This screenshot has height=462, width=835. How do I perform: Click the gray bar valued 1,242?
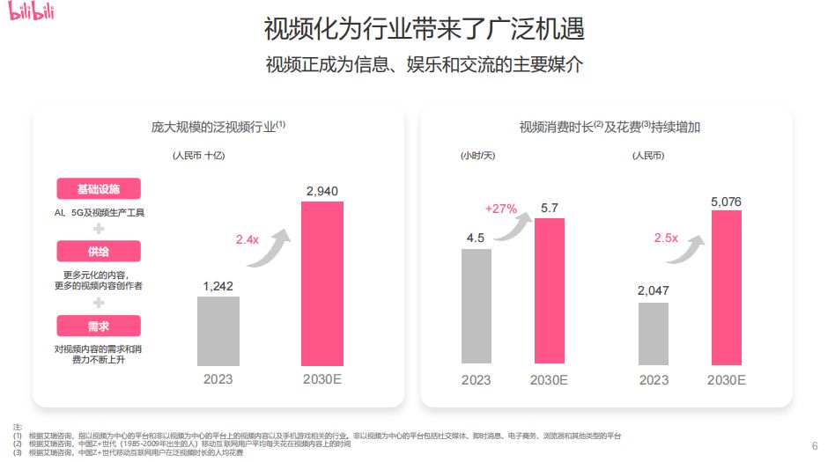point(218,331)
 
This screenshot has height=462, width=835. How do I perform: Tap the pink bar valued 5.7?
point(550,290)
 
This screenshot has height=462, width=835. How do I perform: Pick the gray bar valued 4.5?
point(476,305)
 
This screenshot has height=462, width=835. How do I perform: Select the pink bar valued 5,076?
point(726,286)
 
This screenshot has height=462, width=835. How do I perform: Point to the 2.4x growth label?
point(248,239)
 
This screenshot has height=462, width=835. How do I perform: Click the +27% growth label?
point(500,209)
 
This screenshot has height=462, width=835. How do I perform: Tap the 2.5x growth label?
point(666,238)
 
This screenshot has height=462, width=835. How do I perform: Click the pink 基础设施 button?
point(99,189)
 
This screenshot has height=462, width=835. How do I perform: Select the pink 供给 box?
point(99,252)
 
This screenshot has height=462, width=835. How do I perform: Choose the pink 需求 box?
point(99,326)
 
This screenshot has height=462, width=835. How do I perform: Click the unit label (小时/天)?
point(477,156)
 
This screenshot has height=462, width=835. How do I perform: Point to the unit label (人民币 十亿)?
point(199,156)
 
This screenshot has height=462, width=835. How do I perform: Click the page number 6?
point(814,444)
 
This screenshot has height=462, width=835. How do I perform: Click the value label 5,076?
point(726,202)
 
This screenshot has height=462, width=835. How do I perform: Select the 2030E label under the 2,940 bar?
point(321,380)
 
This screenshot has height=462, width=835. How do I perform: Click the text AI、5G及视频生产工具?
point(99,213)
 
